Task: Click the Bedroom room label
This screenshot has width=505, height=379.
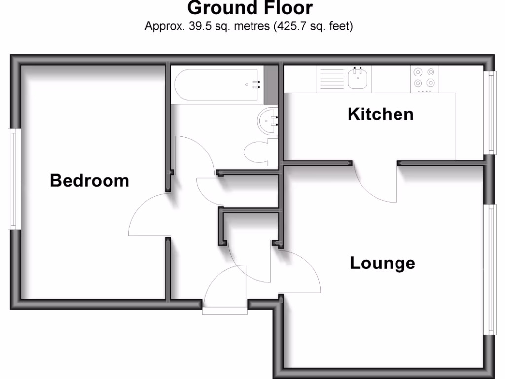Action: (x=89, y=181)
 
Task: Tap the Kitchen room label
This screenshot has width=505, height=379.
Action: (x=380, y=114)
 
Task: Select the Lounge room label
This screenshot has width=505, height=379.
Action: (x=382, y=263)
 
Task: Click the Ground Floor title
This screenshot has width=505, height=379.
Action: (x=250, y=8)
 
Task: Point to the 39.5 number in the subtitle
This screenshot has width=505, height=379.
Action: (x=198, y=26)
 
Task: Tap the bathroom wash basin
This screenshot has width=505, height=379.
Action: (x=269, y=121)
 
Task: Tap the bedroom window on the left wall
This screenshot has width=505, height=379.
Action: (x=13, y=180)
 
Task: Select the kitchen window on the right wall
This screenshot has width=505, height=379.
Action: (x=490, y=113)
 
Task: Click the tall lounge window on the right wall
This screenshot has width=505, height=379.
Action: (x=490, y=269)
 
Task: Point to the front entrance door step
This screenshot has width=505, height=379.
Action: (x=224, y=310)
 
